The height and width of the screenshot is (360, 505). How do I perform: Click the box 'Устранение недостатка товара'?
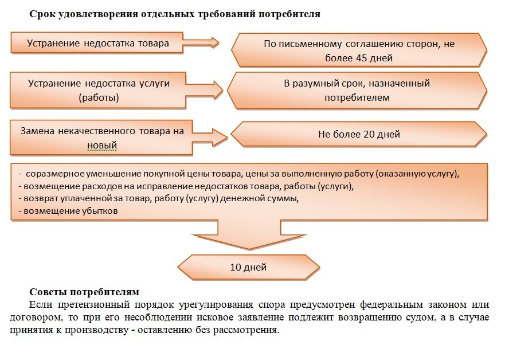97,42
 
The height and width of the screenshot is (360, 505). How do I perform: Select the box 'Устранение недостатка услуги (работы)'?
98,90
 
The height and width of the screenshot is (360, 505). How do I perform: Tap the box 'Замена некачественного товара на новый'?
101,138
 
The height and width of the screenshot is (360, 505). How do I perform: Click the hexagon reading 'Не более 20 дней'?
359,134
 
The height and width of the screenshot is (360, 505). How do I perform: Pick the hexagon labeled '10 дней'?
248,267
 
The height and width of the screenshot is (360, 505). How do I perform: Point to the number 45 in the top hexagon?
361,58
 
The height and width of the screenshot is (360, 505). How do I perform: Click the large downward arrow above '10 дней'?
249,234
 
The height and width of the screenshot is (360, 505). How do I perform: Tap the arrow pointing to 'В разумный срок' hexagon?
204,90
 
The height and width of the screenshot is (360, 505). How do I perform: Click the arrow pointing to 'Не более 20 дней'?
210,138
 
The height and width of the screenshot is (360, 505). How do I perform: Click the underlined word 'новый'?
102,146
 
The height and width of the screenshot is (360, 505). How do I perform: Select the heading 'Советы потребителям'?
84,292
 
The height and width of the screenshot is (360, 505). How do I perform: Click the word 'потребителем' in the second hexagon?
357,98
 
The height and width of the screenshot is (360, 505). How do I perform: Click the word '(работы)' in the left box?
99,98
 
